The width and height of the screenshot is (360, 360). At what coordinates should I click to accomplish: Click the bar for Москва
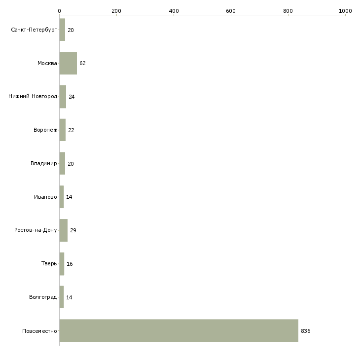pyautogui.click(x=68, y=63)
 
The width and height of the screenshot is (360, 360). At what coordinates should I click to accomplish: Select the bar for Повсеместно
pyautogui.click(x=179, y=330)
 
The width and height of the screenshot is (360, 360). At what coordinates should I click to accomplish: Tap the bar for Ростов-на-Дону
pyautogui.click(x=64, y=230)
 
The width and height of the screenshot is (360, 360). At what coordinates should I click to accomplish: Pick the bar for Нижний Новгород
pyautogui.click(x=63, y=97)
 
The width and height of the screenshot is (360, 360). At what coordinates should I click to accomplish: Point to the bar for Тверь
pyautogui.click(x=62, y=264)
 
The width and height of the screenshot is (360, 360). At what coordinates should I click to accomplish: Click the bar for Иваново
pyautogui.click(x=62, y=197)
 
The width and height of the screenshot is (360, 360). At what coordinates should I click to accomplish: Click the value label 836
pyautogui.click(x=306, y=331)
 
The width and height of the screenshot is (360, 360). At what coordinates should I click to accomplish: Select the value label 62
pyautogui.click(x=82, y=63)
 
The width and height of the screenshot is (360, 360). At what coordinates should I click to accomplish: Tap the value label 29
pyautogui.click(x=73, y=230)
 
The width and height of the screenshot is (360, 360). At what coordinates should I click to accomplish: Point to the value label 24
pyautogui.click(x=72, y=97)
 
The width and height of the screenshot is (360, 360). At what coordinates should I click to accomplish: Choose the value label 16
pyautogui.click(x=70, y=264)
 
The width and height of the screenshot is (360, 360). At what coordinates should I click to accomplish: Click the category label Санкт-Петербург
pyautogui.click(x=34, y=30)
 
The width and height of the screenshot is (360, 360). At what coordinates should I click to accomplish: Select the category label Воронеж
pyautogui.click(x=45, y=130)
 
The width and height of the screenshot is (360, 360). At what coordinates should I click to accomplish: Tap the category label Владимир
pyautogui.click(x=43, y=163)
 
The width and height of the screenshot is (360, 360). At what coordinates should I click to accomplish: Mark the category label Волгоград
pyautogui.click(x=43, y=297)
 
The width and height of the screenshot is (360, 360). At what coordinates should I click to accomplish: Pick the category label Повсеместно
pyautogui.click(x=39, y=331)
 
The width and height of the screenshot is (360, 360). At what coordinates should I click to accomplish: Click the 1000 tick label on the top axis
pyautogui.click(x=345, y=11)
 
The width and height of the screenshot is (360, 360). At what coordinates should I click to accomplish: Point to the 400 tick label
pyautogui.click(x=174, y=11)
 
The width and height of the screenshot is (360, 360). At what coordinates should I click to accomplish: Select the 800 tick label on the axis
pyautogui.click(x=288, y=11)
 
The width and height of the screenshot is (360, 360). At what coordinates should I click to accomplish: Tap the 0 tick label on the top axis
pyautogui.click(x=60, y=11)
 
